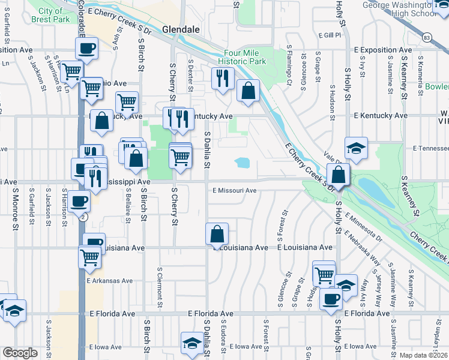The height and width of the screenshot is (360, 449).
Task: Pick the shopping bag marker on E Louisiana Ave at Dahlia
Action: click(x=217, y=234)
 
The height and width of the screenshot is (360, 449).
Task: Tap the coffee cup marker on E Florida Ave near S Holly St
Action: click(x=330, y=298)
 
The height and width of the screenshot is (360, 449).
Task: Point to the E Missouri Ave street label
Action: click(x=235, y=191)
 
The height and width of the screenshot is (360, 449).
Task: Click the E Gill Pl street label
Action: click(x=330, y=35)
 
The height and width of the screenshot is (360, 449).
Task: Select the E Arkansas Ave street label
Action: click(x=110, y=280)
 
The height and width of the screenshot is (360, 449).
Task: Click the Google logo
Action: click(x=20, y=353)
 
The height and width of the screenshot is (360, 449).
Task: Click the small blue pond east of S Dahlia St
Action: click(x=243, y=163)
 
